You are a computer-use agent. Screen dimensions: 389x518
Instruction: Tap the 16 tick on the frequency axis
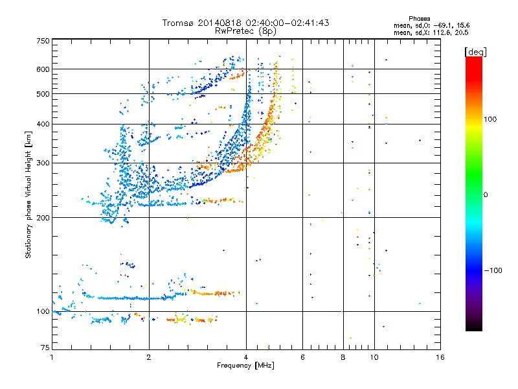[440, 357]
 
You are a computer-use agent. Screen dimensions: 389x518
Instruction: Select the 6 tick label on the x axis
[302, 357]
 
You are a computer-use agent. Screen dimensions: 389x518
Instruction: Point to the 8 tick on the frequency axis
[343, 357]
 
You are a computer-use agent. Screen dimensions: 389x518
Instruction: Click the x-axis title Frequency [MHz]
[245, 366]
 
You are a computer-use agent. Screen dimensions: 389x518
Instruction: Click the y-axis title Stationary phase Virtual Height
[28, 194]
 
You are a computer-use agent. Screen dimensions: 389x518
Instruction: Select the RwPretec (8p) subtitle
[245, 30]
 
